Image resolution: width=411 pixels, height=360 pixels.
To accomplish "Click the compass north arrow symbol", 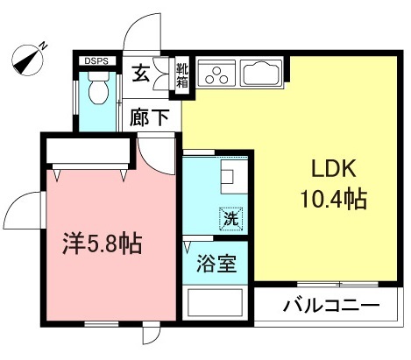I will [28, 59].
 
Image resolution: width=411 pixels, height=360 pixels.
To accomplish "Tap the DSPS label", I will [95, 61].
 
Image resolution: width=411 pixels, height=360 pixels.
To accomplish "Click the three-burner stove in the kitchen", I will [214, 74].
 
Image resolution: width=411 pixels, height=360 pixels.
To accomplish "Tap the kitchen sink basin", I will [259, 73].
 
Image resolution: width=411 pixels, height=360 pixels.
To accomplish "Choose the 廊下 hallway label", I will [150, 117].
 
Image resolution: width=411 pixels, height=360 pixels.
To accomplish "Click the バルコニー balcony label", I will [330, 307].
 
